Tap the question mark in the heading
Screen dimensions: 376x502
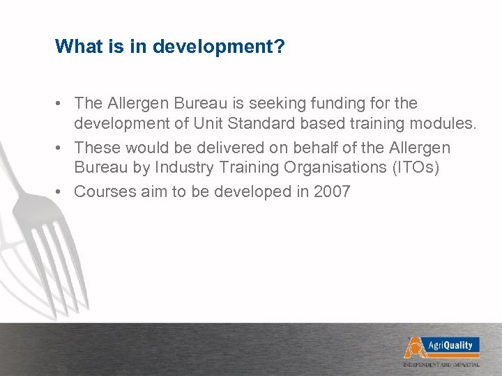coord(279,47)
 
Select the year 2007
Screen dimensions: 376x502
coord(332,191)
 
